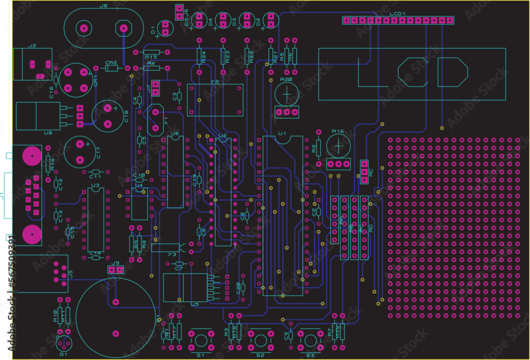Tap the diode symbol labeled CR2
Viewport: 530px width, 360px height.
(111, 68)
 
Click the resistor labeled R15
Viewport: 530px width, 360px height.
(151, 52)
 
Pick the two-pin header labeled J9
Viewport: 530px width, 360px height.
(116, 270)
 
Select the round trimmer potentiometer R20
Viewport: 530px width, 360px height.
(287, 94)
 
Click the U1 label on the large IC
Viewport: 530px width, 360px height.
(282, 134)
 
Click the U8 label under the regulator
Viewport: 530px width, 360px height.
(48, 133)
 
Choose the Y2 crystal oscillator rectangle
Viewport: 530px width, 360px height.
(215, 100)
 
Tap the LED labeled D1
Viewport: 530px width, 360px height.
(165, 28)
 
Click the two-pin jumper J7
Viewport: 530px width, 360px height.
(156, 88)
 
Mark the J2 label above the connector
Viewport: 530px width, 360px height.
(32, 46)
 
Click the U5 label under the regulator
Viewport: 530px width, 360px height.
(195, 304)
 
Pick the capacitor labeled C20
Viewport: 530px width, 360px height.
(242, 287)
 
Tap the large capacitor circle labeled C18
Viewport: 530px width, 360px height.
(108, 116)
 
